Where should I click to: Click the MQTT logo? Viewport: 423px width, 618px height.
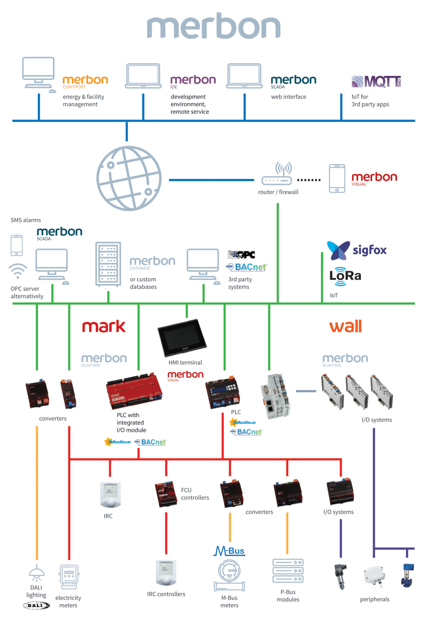(x=376, y=81)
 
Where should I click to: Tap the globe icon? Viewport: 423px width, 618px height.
(x=129, y=178)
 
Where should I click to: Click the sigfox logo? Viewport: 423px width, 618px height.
(x=357, y=250)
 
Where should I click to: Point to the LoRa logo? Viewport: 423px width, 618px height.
(x=345, y=276)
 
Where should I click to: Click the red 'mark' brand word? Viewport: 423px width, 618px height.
(x=104, y=327)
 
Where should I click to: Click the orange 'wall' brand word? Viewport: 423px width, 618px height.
(x=346, y=326)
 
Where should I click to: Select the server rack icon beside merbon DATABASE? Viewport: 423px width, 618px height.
(x=108, y=264)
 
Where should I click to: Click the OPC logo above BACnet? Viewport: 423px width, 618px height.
(x=242, y=255)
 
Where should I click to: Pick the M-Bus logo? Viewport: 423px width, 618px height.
(x=229, y=551)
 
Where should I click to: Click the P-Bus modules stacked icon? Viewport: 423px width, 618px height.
(x=288, y=571)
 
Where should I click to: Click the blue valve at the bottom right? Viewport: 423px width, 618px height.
(x=407, y=576)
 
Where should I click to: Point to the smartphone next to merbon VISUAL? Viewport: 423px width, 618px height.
(x=337, y=178)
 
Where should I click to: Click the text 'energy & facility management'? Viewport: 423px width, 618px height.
(x=83, y=100)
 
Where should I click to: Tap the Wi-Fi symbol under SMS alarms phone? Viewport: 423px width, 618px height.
(x=18, y=271)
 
